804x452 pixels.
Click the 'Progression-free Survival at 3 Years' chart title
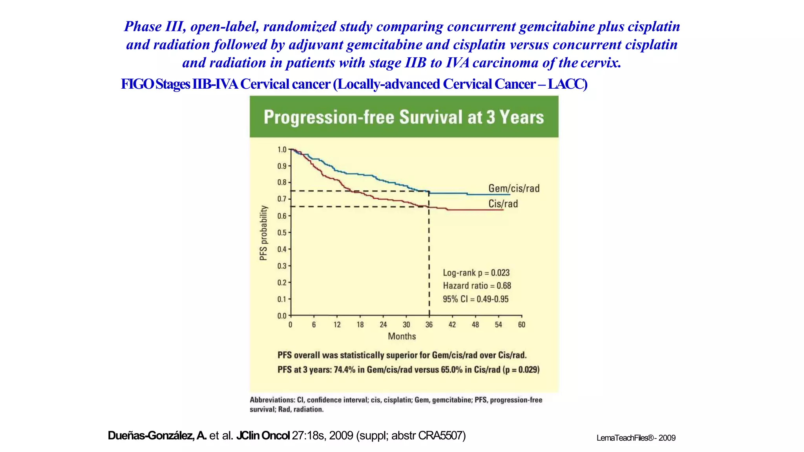(404, 117)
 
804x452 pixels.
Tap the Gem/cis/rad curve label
(513, 188)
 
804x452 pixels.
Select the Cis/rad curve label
(503, 204)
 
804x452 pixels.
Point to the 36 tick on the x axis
(429, 324)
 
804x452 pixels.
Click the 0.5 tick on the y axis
(282, 233)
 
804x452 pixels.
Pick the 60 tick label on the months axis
(521, 324)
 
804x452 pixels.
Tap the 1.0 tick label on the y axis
(282, 149)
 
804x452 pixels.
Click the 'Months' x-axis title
(402, 336)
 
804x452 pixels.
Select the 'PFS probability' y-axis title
(263, 233)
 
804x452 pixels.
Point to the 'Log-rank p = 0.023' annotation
(476, 273)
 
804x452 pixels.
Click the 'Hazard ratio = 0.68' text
(477, 286)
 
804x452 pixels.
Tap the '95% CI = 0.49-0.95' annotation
(475, 299)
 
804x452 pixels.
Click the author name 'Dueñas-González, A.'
(157, 436)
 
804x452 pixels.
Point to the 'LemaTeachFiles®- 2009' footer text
(636, 438)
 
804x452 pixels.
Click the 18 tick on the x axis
(360, 324)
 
